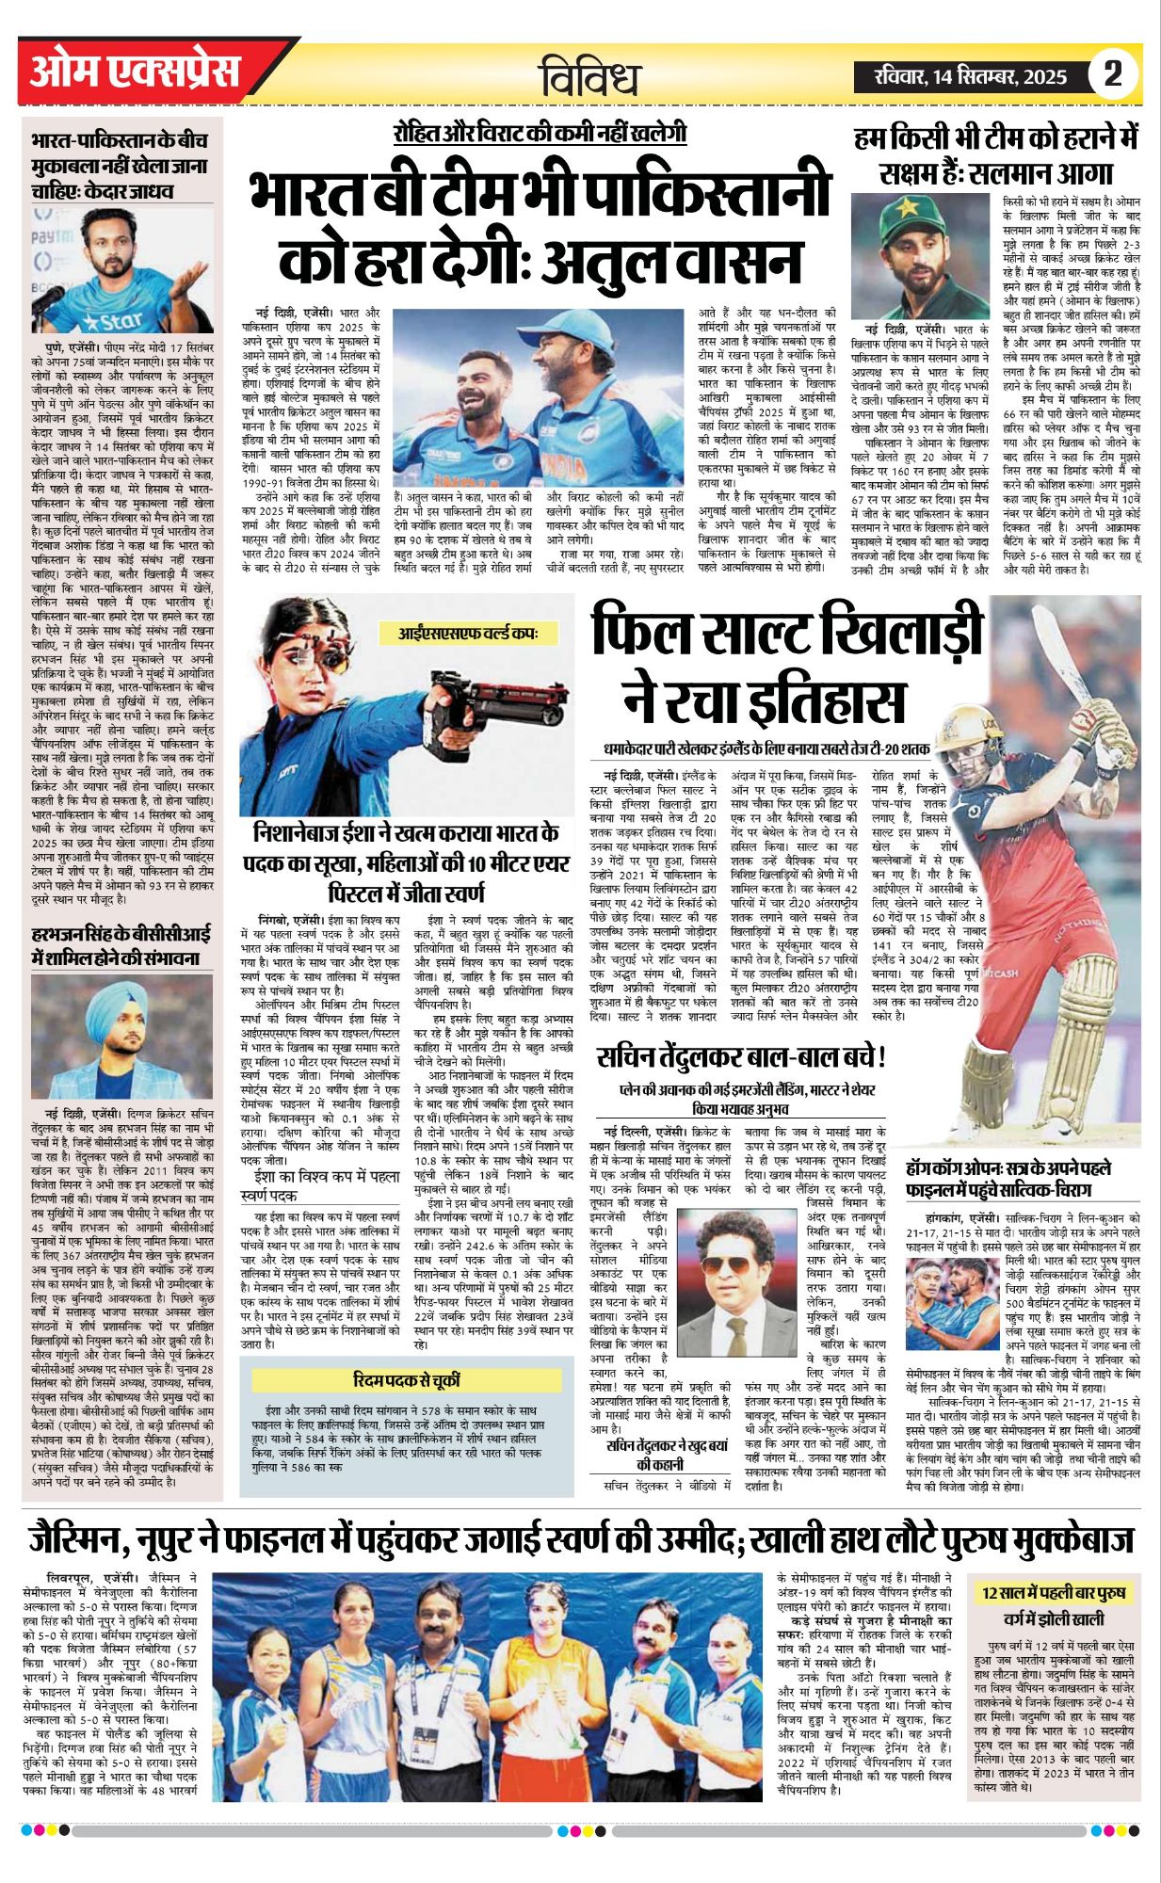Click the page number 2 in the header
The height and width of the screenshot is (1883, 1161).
pos(1114,73)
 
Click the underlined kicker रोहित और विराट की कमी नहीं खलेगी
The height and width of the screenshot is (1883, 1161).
pos(540,133)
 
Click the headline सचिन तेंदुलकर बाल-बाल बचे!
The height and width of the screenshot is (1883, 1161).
pos(742,1058)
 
